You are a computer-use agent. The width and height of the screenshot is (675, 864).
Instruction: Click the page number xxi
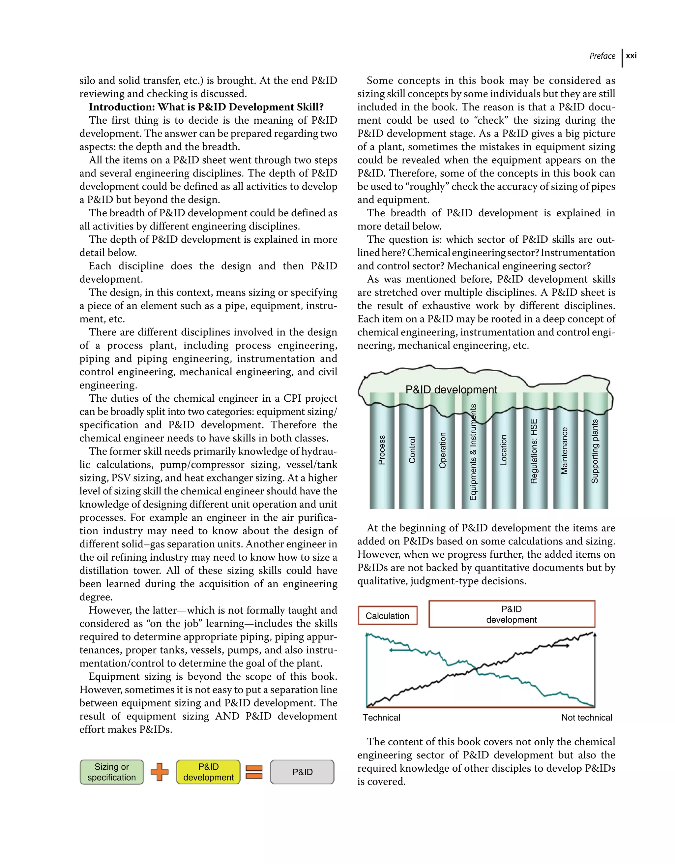631,56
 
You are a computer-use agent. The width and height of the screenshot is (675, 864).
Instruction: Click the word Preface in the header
602,56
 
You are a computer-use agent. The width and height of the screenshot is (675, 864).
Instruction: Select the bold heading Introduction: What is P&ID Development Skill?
206,107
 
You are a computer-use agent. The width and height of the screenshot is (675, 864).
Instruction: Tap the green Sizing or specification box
111,772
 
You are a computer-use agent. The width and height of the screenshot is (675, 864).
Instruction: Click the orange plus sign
160,772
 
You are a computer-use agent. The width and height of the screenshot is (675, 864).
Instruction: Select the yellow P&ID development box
208,772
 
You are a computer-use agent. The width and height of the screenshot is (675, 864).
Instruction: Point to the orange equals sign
254,772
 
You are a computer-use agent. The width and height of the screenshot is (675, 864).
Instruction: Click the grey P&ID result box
302,772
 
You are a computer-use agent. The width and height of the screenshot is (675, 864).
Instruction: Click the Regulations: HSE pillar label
534,451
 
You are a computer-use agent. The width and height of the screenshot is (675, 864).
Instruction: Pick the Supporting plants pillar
595,451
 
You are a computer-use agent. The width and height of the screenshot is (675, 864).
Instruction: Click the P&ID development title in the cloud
451,390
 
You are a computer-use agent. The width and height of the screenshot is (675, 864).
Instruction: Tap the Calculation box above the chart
387,616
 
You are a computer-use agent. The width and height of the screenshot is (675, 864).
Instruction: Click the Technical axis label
381,718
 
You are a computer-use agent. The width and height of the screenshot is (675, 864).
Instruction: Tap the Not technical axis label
586,718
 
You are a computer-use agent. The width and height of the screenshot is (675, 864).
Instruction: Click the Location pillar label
503,450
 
